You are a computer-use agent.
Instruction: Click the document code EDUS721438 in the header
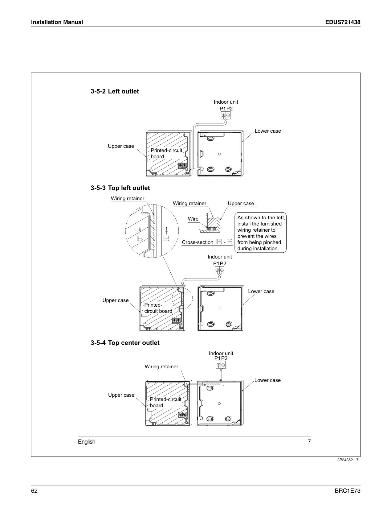(x=343, y=22)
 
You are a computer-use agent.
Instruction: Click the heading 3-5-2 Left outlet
(x=115, y=91)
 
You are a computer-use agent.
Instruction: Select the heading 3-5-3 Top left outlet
(x=120, y=188)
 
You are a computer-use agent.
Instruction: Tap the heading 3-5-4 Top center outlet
(x=125, y=343)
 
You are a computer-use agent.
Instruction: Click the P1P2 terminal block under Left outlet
(x=226, y=115)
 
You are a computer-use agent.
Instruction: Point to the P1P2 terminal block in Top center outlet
(x=221, y=365)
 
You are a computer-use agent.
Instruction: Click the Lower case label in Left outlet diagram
(x=268, y=131)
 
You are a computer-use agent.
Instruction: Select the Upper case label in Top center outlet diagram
(x=121, y=395)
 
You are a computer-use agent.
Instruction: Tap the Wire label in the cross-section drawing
(x=193, y=219)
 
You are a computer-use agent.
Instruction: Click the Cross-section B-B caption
(x=207, y=242)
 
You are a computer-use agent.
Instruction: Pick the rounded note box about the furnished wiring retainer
(x=260, y=233)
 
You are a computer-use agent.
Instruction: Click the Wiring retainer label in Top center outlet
(x=161, y=366)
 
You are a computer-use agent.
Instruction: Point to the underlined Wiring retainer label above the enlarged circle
(x=128, y=198)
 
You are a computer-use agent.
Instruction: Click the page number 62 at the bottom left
(x=34, y=491)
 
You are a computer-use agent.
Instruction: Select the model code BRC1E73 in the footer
(x=348, y=491)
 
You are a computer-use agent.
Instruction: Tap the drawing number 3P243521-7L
(x=349, y=460)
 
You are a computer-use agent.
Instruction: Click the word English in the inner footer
(x=87, y=441)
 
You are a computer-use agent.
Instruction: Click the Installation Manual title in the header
(x=57, y=22)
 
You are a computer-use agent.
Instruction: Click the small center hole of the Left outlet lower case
(x=219, y=154)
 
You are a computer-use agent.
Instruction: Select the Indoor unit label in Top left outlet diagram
(x=220, y=257)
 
